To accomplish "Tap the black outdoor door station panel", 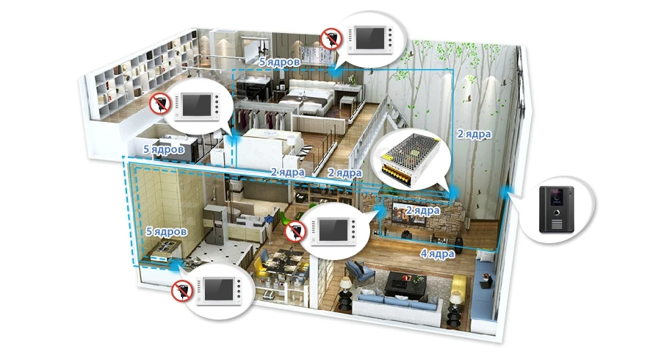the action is pyautogui.click(x=557, y=209).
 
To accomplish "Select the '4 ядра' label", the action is pyautogui.click(x=437, y=253).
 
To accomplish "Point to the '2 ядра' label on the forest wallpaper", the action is pyautogui.click(x=474, y=134).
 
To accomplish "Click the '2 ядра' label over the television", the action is pyautogui.click(x=423, y=210).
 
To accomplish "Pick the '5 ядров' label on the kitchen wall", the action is pyautogui.click(x=166, y=231).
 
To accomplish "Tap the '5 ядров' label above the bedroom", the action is pyautogui.click(x=280, y=62).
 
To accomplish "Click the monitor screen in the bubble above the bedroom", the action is pyautogui.click(x=369, y=38).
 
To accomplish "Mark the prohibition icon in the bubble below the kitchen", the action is pyautogui.click(x=181, y=291).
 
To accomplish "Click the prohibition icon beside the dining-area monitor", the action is pyautogui.click(x=295, y=231).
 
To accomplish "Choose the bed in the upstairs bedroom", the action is pyautogui.click(x=307, y=99).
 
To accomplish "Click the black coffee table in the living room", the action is pyautogui.click(x=405, y=284).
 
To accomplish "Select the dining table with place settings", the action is pyautogui.click(x=284, y=262).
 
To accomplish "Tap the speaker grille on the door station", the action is pyautogui.click(x=557, y=223).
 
